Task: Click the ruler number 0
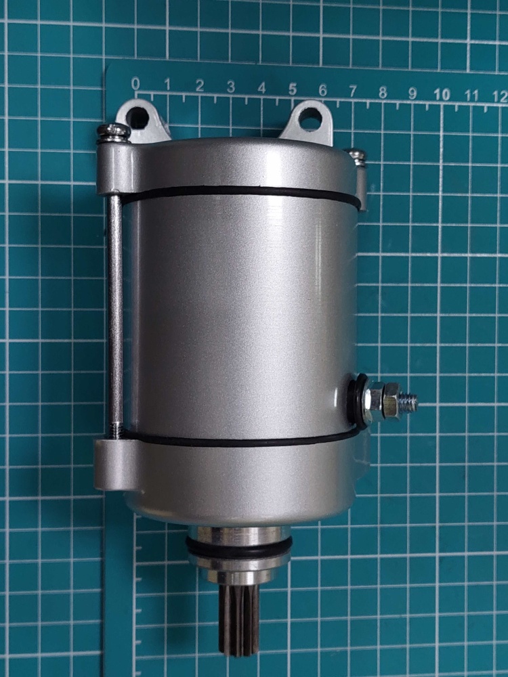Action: (x=135, y=83)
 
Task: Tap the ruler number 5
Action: (x=293, y=89)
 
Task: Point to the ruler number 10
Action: (x=442, y=94)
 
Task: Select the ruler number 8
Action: (x=383, y=92)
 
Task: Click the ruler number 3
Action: (x=231, y=87)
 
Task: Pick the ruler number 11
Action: (x=472, y=95)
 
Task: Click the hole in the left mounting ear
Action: (x=137, y=118)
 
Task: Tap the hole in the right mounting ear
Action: (x=310, y=118)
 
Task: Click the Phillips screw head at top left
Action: (x=113, y=133)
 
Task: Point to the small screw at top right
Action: (x=356, y=157)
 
